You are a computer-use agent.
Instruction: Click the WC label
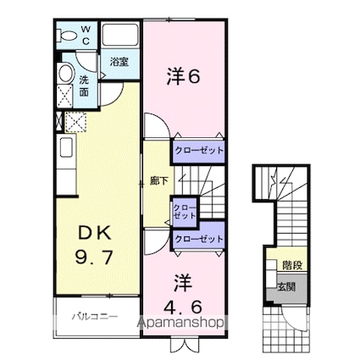coord(86,35)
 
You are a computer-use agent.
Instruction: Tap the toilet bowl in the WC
coord(67,36)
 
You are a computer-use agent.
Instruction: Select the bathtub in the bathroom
coord(120,35)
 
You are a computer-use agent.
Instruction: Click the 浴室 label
coord(119,62)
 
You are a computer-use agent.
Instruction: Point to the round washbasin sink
coord(66,73)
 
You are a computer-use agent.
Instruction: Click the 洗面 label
coord(84,86)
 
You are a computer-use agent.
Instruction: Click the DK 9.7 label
coord(94,246)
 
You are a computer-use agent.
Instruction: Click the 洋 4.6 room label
coord(184,294)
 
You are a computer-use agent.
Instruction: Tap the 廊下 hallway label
coord(158,181)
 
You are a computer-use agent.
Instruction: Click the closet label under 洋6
coord(199,150)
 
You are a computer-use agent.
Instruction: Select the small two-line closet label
coord(185,212)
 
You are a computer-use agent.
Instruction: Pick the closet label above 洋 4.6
coord(199,239)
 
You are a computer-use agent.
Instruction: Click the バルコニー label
coord(94,316)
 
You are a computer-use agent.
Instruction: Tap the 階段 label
coord(292,265)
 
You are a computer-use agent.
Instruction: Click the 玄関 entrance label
coord(286,287)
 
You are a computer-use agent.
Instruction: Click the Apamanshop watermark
coord(180,323)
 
